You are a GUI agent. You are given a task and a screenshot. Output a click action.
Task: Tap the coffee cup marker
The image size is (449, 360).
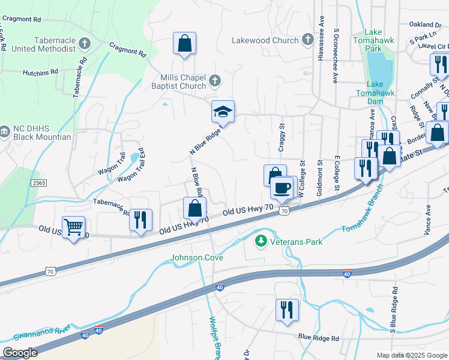point(282,188)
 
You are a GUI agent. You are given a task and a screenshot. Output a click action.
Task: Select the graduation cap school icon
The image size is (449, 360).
point(223,112)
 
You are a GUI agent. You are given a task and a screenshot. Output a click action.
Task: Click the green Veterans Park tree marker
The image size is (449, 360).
point(261,241)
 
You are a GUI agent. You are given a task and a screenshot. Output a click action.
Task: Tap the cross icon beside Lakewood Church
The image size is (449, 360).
point(307,40)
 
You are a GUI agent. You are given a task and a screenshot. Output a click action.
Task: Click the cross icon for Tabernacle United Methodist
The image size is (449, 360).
point(85,44)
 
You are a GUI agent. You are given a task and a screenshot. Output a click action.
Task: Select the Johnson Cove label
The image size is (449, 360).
point(196,258)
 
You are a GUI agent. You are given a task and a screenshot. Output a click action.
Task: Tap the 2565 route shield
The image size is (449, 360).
point(38,183)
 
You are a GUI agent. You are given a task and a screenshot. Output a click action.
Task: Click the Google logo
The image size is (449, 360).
point(20,353)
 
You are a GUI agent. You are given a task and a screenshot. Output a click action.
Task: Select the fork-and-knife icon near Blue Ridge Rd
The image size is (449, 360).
point(286,310)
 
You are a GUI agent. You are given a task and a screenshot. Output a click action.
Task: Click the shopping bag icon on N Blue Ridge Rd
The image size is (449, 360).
point(194,208)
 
